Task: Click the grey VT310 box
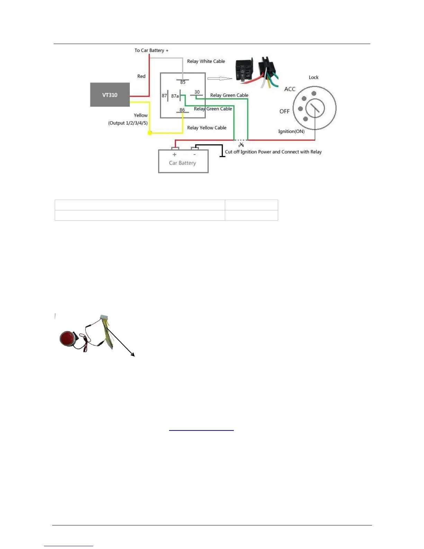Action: point(110,95)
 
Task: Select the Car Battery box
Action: point(183,162)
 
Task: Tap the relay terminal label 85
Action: point(183,82)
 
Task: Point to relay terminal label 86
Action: point(182,110)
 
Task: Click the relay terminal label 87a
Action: point(175,96)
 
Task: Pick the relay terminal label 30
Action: point(197,92)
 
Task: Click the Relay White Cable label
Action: point(206,61)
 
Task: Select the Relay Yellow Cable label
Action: point(206,128)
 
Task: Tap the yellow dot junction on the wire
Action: point(150,133)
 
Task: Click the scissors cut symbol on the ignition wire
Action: point(241,145)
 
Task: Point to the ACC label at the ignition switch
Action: point(290,89)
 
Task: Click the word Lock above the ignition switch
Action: point(313,77)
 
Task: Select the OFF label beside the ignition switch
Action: point(284,111)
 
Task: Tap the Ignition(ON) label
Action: point(291,131)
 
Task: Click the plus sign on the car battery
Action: point(175,155)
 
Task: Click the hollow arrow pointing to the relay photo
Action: point(220,79)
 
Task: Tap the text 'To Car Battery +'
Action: point(151,50)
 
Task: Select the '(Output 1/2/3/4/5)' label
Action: point(128,123)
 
